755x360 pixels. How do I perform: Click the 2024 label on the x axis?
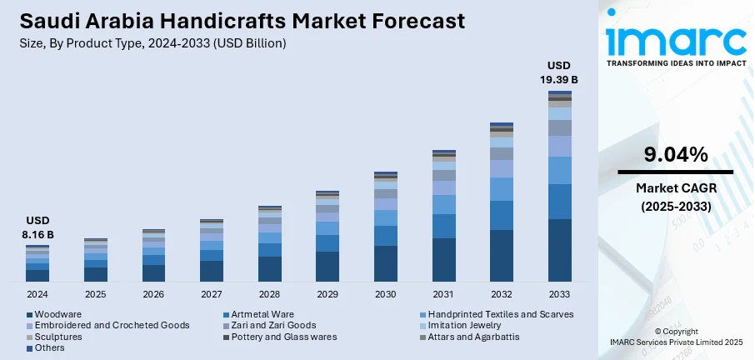[x=37, y=294]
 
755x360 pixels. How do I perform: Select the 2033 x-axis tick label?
[x=559, y=294]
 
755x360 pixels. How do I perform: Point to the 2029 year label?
[x=327, y=294]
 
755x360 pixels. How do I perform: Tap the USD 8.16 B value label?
[x=37, y=229]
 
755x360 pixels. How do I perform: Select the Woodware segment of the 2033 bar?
[x=560, y=250]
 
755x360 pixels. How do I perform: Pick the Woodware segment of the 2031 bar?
[x=444, y=260]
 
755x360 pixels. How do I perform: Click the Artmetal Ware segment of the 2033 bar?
[x=560, y=201]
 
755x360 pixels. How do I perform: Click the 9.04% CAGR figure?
[x=675, y=154]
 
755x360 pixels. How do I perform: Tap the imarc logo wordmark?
[x=675, y=40]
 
